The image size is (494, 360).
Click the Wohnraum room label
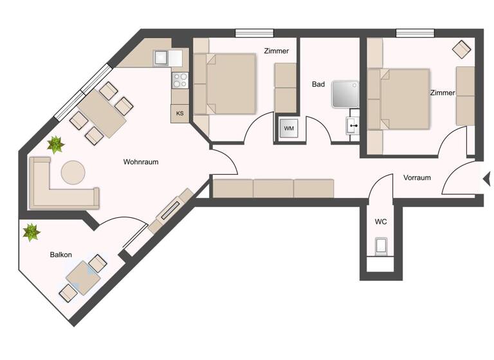pos(140,162)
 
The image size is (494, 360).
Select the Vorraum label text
pos(417,177)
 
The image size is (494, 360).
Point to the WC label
pos(381,222)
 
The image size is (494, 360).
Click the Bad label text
pos(318,84)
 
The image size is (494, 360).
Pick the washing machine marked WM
pos(289,129)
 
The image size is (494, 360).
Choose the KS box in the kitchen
pos(180,114)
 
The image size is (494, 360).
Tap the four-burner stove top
pos(180,81)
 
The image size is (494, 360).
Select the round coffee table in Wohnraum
pos(73,172)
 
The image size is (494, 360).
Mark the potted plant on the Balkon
pos(31,231)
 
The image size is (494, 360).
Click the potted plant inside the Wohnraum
pos(55,145)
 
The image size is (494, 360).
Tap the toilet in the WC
pos(381,247)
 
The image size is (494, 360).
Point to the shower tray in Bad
pos(347,94)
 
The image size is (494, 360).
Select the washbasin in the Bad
pos(352,125)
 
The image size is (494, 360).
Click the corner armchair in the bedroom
pos(461,49)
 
